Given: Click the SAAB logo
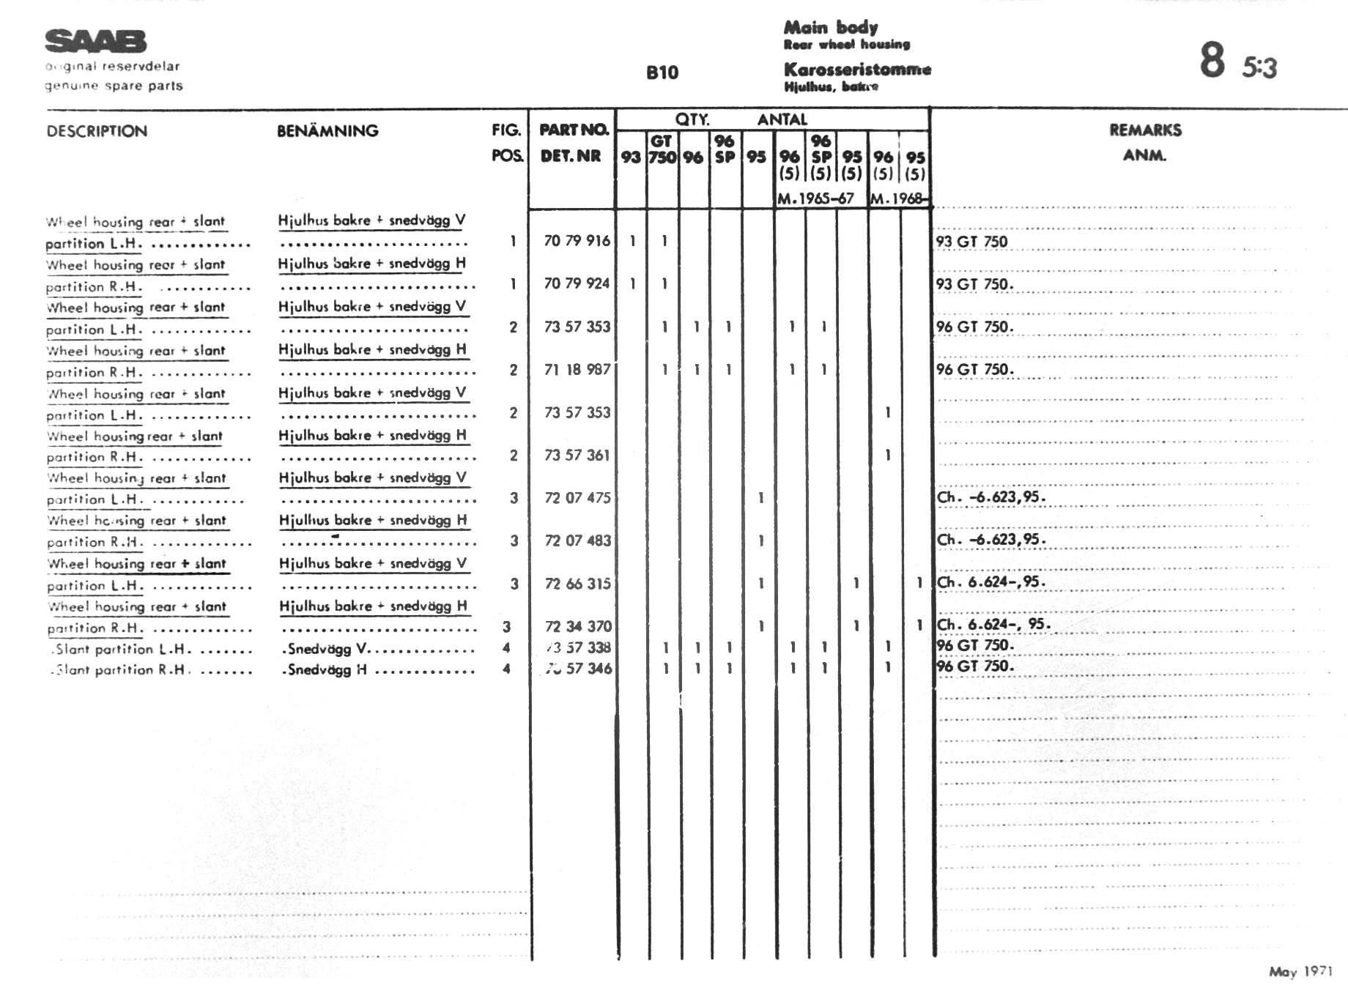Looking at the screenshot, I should click(x=95, y=41).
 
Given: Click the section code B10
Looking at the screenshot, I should click(x=662, y=73).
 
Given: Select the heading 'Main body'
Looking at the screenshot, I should click(x=830, y=28).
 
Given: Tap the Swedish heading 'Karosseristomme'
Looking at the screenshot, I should click(x=857, y=70).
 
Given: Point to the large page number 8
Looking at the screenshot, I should click(x=1212, y=60).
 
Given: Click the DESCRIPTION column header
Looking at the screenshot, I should click(x=97, y=131).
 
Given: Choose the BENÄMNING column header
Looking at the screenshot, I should click(x=327, y=131).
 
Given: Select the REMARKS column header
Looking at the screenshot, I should click(x=1145, y=130).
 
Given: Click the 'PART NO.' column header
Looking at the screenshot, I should click(x=574, y=130).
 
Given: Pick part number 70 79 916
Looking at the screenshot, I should click(x=577, y=241).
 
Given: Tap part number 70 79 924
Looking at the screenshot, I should click(x=577, y=283).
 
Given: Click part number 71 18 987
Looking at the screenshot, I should click(x=577, y=370).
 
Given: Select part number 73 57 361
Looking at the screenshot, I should click(x=577, y=456).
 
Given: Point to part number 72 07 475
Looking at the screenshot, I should click(x=577, y=498).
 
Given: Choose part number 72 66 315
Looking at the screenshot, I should click(x=577, y=584).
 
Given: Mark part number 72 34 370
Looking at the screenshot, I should click(x=577, y=626).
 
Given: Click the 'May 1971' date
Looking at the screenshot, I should click(x=1300, y=971).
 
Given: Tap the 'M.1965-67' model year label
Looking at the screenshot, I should click(x=815, y=198).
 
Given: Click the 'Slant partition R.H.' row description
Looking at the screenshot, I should click(x=121, y=669).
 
